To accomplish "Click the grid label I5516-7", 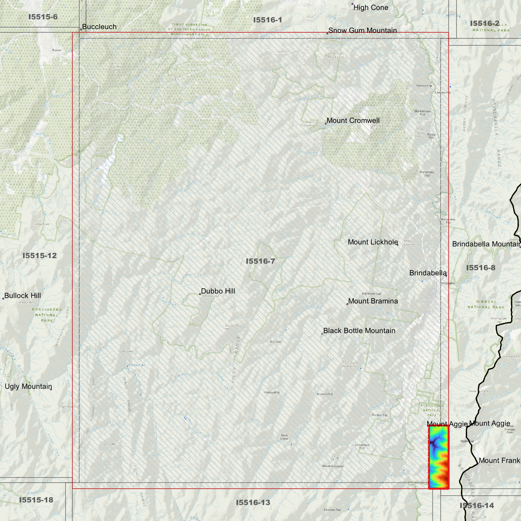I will point(260,261).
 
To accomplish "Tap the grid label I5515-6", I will point(43,17).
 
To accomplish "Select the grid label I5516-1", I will point(268,20).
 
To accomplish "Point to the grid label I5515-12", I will point(40,256).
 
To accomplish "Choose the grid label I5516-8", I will point(481,268).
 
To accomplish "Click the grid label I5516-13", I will point(253,502).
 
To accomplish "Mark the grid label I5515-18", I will point(36,500).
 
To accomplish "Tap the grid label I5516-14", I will point(477,505).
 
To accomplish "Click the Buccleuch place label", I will point(99,27).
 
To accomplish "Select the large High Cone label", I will point(371,8).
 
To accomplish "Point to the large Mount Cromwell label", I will point(353,120).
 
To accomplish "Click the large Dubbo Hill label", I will point(218,291).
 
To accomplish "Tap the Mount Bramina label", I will point(373,301).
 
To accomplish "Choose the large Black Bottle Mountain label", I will point(359,331).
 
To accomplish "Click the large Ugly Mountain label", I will point(28,387).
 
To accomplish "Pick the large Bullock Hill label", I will point(22,296).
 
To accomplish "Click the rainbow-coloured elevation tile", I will point(438,457).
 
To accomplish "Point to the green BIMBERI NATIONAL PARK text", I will point(486,304).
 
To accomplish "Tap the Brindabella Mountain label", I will point(486,244).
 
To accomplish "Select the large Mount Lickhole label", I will point(373,242).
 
